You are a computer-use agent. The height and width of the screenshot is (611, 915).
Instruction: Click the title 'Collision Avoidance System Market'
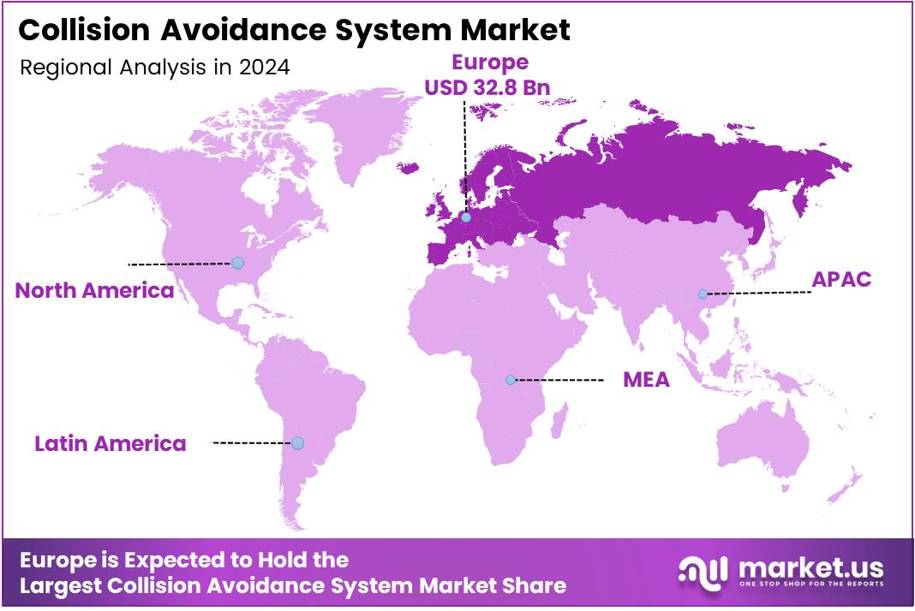tap(294, 31)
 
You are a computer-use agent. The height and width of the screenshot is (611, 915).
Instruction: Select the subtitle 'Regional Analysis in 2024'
tap(154, 68)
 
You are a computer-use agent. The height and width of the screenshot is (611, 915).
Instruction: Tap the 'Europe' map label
tap(489, 62)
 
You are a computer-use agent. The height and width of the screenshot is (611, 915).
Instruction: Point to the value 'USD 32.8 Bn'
tap(488, 87)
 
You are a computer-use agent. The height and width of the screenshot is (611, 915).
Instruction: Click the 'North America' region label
tap(94, 290)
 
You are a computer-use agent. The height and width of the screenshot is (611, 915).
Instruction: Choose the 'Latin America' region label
tap(110, 443)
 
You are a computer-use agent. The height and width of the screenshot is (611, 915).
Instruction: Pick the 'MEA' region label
tap(646, 380)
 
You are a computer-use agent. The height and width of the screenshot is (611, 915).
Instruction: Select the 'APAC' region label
tap(842, 280)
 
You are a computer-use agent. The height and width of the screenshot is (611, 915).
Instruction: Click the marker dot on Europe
tap(465, 217)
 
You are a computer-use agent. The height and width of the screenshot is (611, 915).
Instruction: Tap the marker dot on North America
tap(238, 263)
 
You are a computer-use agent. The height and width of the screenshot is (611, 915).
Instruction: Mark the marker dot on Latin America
tap(297, 442)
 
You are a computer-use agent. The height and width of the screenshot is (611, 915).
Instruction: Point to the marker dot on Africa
tap(511, 379)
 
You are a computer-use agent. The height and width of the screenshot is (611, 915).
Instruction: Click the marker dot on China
tap(703, 294)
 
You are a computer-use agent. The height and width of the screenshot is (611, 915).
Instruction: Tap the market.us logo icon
tap(703, 570)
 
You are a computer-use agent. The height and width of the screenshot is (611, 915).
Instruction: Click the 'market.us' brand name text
tap(809, 567)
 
